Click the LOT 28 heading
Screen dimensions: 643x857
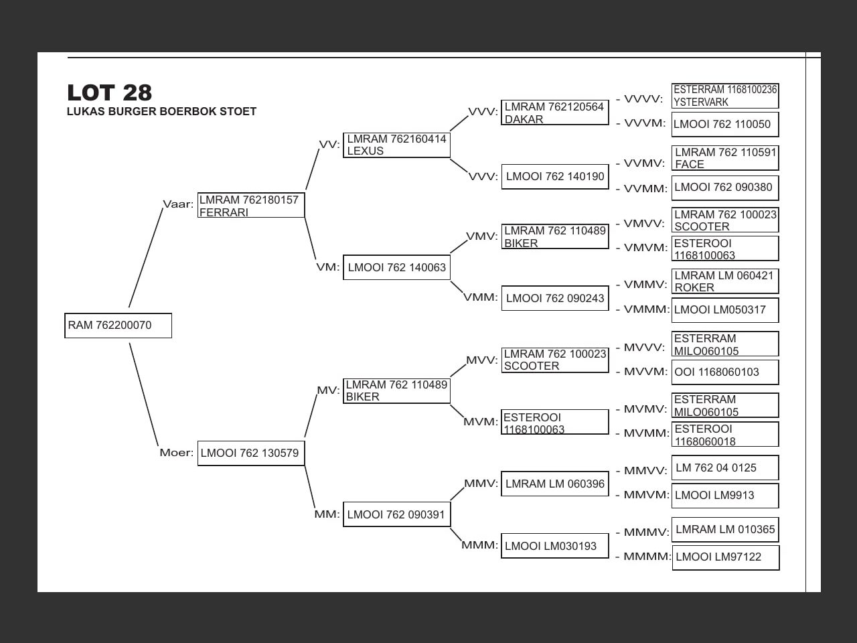(109, 92)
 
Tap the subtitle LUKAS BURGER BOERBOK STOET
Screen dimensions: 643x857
(161, 112)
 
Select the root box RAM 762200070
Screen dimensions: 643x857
(118, 326)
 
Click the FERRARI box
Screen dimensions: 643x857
(251, 206)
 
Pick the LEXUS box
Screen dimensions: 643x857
(396, 145)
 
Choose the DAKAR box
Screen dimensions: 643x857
(555, 113)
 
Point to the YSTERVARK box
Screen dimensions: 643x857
(725, 96)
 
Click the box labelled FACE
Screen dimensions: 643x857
(725, 158)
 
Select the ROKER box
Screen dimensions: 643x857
(725, 281)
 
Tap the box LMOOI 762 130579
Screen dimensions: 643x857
(251, 453)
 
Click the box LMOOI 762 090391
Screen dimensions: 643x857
(396, 514)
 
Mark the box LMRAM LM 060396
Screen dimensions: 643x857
(555, 484)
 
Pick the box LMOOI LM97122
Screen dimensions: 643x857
(726, 557)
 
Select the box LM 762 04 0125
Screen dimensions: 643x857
(725, 468)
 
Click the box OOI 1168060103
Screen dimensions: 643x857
(725, 372)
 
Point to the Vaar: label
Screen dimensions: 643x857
(178, 204)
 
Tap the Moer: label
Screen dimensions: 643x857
(176, 453)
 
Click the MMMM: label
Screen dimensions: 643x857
(647, 557)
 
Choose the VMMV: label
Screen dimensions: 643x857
(645, 285)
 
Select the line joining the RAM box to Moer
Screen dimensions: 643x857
(144, 395)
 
